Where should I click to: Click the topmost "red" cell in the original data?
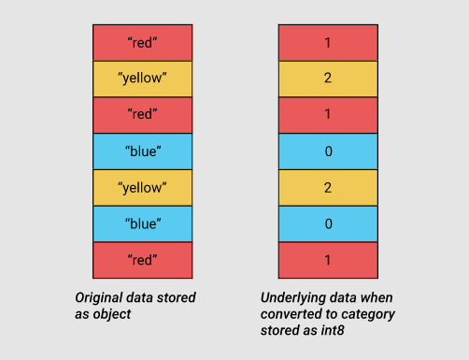143,43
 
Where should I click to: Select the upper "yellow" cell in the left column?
143,79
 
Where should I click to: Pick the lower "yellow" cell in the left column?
143,187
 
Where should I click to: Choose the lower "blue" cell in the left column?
143,223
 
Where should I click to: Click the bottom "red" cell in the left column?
143,259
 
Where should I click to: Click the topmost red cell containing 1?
328,43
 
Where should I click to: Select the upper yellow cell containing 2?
328,79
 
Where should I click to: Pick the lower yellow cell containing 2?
328,187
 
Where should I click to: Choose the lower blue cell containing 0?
328,223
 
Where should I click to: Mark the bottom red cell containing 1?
328,259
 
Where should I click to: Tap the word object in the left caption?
111,313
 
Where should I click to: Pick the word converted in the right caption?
287,313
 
